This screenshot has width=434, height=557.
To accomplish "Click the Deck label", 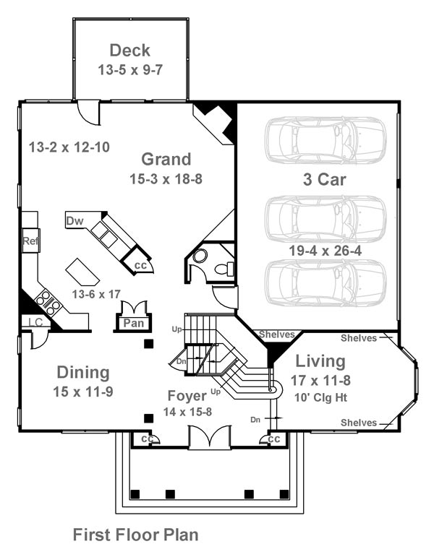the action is pyautogui.click(x=130, y=51).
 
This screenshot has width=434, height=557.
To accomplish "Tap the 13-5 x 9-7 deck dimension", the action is pyautogui.click(x=130, y=69).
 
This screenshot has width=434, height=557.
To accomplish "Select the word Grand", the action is pyautogui.click(x=166, y=159).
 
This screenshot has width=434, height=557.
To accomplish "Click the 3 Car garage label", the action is pyautogui.click(x=325, y=179).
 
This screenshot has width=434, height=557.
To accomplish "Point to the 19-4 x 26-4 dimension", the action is pyautogui.click(x=325, y=251).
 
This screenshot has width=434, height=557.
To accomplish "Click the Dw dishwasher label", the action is pyautogui.click(x=75, y=221).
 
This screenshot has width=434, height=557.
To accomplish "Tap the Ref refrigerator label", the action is pyautogui.click(x=30, y=241).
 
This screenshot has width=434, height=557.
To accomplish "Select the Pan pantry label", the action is pyautogui.click(x=133, y=323).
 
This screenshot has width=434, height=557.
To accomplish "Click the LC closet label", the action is pyautogui.click(x=35, y=322).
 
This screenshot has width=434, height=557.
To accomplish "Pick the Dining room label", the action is pyautogui.click(x=83, y=372).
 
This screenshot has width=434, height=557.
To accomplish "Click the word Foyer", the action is pyautogui.click(x=187, y=396).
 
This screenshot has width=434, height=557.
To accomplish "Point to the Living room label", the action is pyautogui.click(x=320, y=362).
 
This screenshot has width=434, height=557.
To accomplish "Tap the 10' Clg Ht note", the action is pyautogui.click(x=320, y=397).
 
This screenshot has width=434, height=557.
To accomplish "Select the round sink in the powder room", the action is pyautogui.click(x=200, y=256).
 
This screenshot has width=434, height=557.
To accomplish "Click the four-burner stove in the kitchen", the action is pyautogui.click(x=47, y=303).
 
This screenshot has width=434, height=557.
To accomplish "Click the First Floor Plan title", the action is pyautogui.click(x=135, y=535).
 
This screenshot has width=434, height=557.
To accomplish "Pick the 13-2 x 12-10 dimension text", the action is pyautogui.click(x=69, y=147).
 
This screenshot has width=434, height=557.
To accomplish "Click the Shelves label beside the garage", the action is pyautogui.click(x=277, y=334).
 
